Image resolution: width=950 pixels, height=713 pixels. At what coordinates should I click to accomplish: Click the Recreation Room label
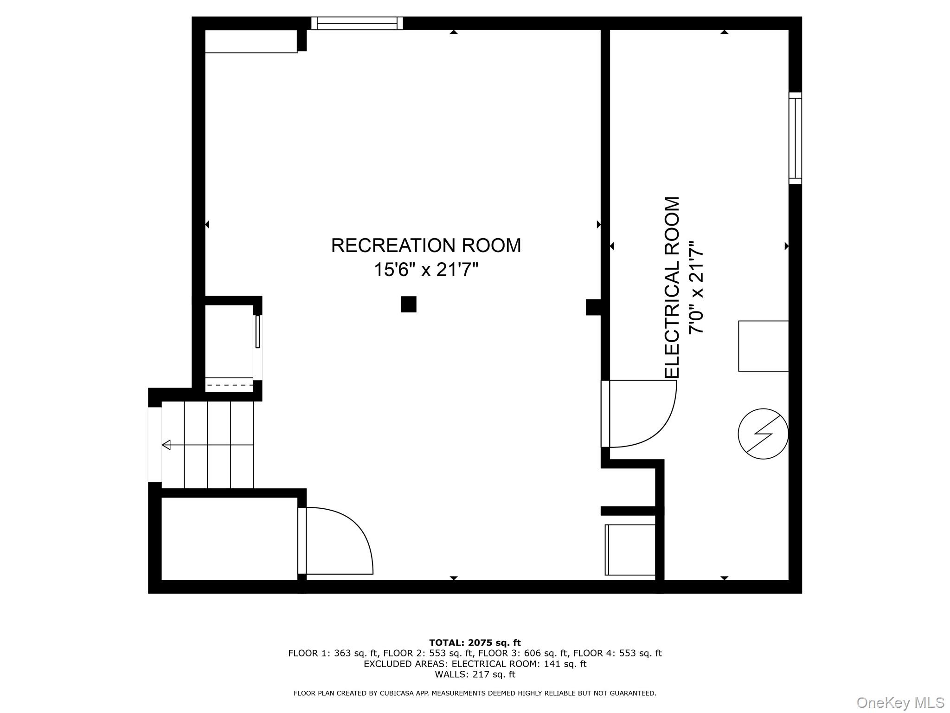click(x=426, y=246)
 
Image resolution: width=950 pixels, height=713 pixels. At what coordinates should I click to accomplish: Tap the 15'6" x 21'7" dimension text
click(x=426, y=269)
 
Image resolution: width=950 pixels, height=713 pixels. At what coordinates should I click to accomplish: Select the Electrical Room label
click(x=672, y=287)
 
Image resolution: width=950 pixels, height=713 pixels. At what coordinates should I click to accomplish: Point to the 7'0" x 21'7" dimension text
click(x=696, y=287)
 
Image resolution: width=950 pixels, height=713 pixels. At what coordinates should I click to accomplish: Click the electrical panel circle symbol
click(x=763, y=434)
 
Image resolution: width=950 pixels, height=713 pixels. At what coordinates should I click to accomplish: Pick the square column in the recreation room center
click(x=409, y=304)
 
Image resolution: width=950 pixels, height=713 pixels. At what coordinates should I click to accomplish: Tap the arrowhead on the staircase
click(x=166, y=445)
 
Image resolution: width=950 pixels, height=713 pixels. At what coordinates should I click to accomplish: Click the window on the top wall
click(x=357, y=23)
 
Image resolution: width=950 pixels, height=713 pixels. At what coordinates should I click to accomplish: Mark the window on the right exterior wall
click(x=795, y=138)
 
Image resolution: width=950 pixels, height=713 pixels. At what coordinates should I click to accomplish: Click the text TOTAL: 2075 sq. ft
click(x=475, y=643)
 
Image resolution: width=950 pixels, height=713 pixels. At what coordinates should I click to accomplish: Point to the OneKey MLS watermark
click(x=900, y=702)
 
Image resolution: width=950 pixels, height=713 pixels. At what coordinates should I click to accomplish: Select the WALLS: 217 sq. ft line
click(x=475, y=674)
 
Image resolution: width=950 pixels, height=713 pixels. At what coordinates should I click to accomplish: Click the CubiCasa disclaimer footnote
click(x=475, y=694)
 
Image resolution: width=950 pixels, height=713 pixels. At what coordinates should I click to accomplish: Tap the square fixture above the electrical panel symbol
click(x=764, y=346)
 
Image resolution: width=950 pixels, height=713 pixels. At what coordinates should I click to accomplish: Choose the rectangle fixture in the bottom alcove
click(x=630, y=550)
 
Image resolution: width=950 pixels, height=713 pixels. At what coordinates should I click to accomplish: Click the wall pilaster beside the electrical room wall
click(x=594, y=307)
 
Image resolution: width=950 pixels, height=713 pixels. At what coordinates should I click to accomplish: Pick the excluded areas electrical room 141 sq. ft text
click(x=475, y=664)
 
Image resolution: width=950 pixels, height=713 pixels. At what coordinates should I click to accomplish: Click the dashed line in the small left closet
click(x=229, y=385)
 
